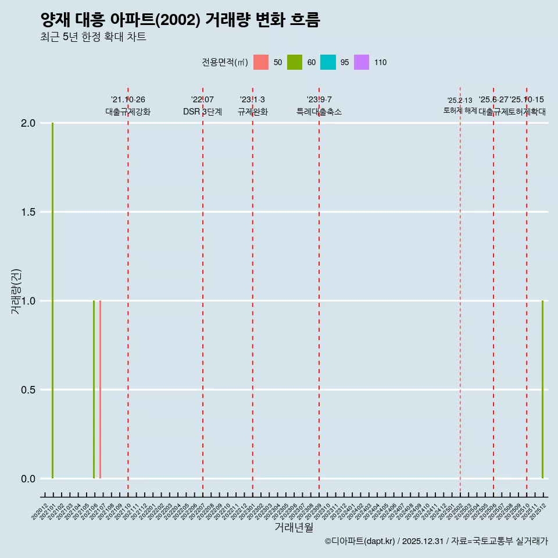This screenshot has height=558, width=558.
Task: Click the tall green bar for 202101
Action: [x=52, y=301]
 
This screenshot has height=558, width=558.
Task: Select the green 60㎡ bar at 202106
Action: [x=94, y=389]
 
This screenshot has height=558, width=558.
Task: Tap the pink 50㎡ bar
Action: [x=100, y=389]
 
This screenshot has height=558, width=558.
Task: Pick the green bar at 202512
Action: [x=542, y=389]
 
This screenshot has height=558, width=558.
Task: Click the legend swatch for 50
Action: [x=261, y=62]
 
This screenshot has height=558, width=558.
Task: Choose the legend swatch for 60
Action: [x=295, y=62]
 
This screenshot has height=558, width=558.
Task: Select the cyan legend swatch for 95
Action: [x=328, y=62]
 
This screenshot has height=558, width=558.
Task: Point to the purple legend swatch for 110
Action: [x=362, y=62]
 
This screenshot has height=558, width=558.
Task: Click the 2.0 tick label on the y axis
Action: [x=28, y=123]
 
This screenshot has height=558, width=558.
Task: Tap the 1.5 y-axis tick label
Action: [x=28, y=212]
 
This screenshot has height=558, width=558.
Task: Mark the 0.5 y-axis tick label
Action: [x=28, y=390]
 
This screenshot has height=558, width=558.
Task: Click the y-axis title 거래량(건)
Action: [x=16, y=292]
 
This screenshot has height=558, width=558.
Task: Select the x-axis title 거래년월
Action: [x=294, y=527]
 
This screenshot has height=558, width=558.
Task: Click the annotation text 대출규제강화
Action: [x=128, y=112]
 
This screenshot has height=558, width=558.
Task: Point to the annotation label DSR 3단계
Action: [x=202, y=112]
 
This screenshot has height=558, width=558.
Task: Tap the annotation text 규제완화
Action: [x=252, y=112]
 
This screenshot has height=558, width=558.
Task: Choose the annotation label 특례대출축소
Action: [x=319, y=112]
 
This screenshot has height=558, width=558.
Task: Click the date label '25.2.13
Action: [x=460, y=101]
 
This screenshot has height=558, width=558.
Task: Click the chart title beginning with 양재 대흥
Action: [x=180, y=20]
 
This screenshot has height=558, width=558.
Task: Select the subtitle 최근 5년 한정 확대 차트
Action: [x=93, y=37]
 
